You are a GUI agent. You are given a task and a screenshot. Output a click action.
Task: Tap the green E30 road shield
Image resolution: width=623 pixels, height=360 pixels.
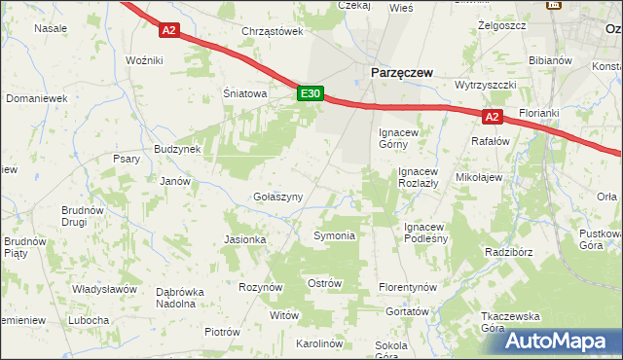[x=310, y=93]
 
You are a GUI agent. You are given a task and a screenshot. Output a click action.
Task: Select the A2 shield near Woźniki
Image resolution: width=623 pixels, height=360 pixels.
[x=169, y=30]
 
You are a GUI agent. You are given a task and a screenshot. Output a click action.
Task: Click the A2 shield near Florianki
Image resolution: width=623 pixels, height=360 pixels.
[x=492, y=117]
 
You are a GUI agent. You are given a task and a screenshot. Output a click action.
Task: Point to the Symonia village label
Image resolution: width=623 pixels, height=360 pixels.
[x=334, y=235]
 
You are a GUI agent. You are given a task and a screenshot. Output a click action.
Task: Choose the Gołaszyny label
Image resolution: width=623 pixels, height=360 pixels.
[x=277, y=197]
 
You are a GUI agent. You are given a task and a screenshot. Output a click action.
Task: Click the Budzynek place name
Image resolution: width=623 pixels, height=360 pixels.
[x=176, y=149]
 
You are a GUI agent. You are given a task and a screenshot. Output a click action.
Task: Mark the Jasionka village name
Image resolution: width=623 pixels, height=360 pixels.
[x=244, y=239]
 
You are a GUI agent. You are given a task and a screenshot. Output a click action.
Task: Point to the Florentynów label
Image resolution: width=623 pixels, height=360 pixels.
[x=408, y=288]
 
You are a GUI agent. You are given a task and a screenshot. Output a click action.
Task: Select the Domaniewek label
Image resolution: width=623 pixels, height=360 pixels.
[x=36, y=98]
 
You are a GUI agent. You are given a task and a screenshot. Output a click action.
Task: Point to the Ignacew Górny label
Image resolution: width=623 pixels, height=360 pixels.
[x=399, y=138]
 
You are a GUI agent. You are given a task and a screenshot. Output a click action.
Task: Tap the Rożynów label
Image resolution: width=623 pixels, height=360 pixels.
[x=260, y=287]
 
